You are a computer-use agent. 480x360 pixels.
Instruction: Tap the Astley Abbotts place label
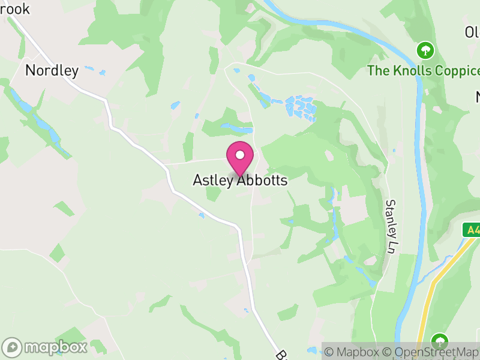tap(240, 180)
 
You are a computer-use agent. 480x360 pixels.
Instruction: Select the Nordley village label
tap(52, 70)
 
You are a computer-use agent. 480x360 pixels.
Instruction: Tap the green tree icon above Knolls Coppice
tap(425, 49)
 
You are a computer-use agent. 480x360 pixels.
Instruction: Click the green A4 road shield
tap(472, 230)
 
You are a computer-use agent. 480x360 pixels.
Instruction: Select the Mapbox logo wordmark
tap(57, 347)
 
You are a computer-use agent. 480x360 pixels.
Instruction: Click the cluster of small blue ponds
tap(302, 108)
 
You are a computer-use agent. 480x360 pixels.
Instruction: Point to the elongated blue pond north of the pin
tap(237, 128)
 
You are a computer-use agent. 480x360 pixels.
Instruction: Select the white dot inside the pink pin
tap(240, 155)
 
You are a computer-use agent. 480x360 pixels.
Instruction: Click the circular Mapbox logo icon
tap(13, 347)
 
